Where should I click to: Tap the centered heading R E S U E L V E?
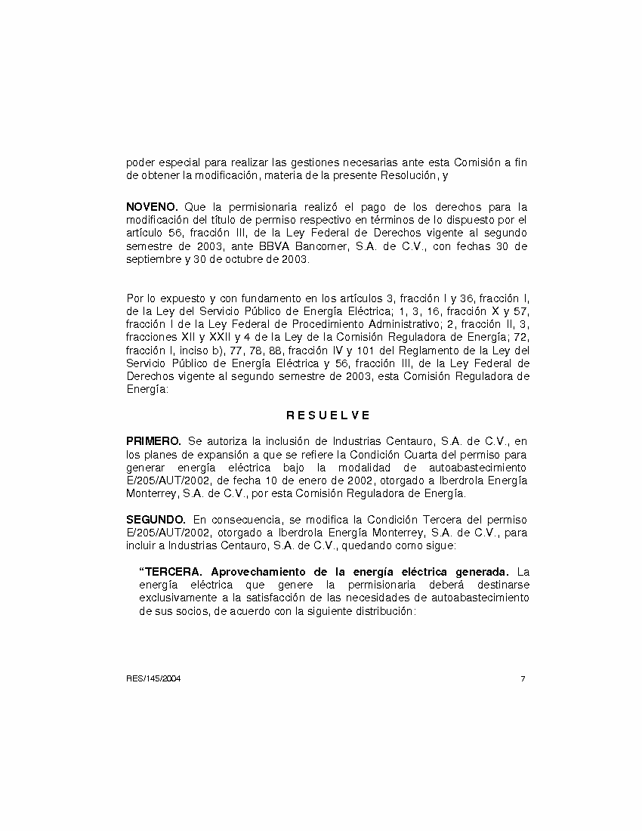tap(328, 415)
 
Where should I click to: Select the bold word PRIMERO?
tap(153, 440)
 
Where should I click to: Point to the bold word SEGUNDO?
tap(156, 519)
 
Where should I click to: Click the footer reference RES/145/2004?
tap(153, 678)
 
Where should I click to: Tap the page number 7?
tap(523, 678)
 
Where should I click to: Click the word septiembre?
tap(154, 260)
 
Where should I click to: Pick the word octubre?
tap(245, 260)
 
